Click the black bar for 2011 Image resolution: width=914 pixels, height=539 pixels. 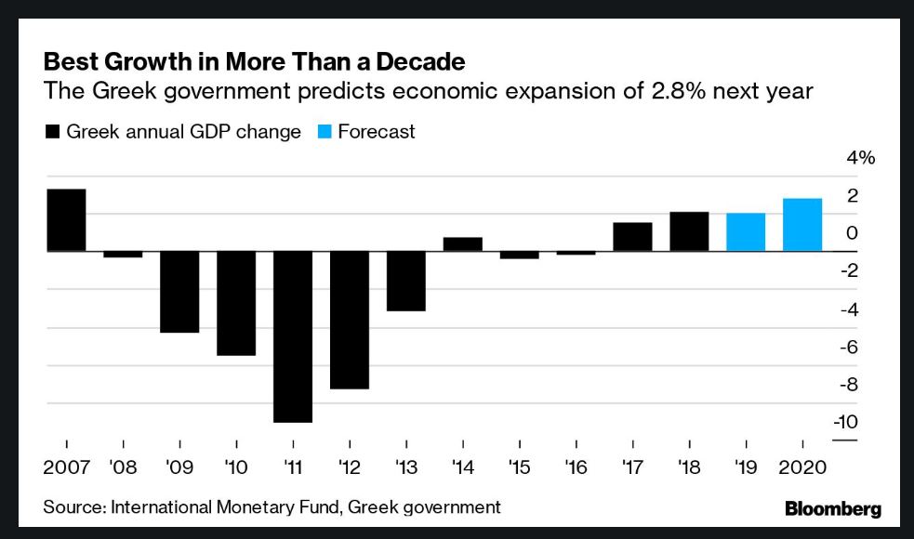[293, 336]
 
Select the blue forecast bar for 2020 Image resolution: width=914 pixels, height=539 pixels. [802, 225]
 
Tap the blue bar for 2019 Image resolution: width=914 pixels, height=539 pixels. [746, 232]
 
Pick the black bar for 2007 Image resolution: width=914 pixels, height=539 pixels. [66, 220]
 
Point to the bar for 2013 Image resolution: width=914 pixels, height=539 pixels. [406, 281]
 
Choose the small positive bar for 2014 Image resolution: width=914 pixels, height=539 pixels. [463, 244]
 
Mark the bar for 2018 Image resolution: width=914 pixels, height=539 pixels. [689, 231]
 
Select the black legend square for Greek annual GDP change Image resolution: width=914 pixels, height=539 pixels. [52, 132]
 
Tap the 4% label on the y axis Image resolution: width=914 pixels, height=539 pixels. [860, 158]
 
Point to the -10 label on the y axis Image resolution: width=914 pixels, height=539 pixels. [845, 422]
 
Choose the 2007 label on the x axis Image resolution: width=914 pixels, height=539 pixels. [67, 467]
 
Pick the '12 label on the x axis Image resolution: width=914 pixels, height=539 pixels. [349, 467]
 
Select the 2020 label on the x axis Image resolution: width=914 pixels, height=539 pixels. [802, 467]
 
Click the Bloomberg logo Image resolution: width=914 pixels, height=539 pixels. [833, 509]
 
